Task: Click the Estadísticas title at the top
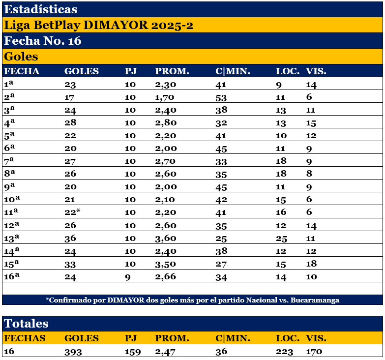tap(40, 9)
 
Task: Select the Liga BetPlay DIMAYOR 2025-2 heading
tap(98, 25)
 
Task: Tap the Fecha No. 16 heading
tap(42, 41)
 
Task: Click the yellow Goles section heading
tap(21, 57)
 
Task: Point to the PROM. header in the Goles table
tap(172, 71)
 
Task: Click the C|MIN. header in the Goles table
tap(233, 71)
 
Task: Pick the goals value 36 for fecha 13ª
tap(70, 251)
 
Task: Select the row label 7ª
tap(9, 161)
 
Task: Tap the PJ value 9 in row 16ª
tap(128, 277)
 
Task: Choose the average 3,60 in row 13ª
tap(166, 251)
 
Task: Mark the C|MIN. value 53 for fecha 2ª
tap(221, 97)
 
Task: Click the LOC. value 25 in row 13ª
tap(281, 251)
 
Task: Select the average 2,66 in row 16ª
tap(166, 277)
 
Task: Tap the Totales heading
tap(27, 323)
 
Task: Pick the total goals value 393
tap(73, 352)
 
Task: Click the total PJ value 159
tap(133, 352)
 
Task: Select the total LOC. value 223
tap(285, 352)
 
